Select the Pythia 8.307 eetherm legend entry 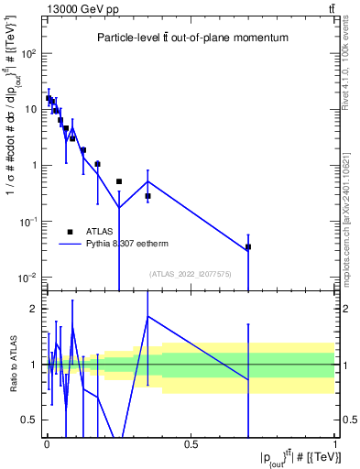point(128,245)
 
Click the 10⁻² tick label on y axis point(27,278)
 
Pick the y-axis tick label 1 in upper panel point(34,166)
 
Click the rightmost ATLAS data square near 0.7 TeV point(248,247)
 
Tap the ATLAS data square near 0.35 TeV point(147,196)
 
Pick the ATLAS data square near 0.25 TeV point(119,181)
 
